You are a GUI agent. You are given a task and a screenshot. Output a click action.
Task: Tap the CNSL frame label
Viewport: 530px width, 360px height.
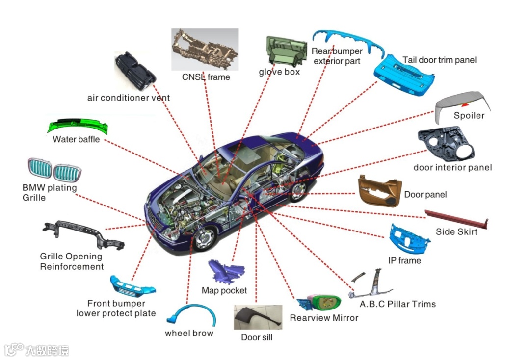tap(206, 77)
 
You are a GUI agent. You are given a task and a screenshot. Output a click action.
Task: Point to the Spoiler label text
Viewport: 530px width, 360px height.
tap(469, 116)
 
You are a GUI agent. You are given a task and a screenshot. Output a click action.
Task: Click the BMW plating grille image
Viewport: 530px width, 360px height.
tap(54, 171)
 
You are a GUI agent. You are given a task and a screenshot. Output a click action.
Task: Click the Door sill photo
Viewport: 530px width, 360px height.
tap(257, 318)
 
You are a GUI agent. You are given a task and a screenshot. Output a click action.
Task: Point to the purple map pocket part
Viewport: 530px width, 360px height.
tap(225, 272)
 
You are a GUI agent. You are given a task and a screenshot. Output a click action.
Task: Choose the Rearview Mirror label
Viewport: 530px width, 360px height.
tap(324, 318)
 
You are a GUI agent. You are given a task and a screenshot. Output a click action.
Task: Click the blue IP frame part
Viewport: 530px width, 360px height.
tap(409, 238)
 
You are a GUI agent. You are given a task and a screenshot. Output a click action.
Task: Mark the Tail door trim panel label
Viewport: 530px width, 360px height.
tap(439, 60)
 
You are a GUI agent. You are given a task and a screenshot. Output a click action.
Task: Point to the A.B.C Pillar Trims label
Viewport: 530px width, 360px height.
tap(397, 304)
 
